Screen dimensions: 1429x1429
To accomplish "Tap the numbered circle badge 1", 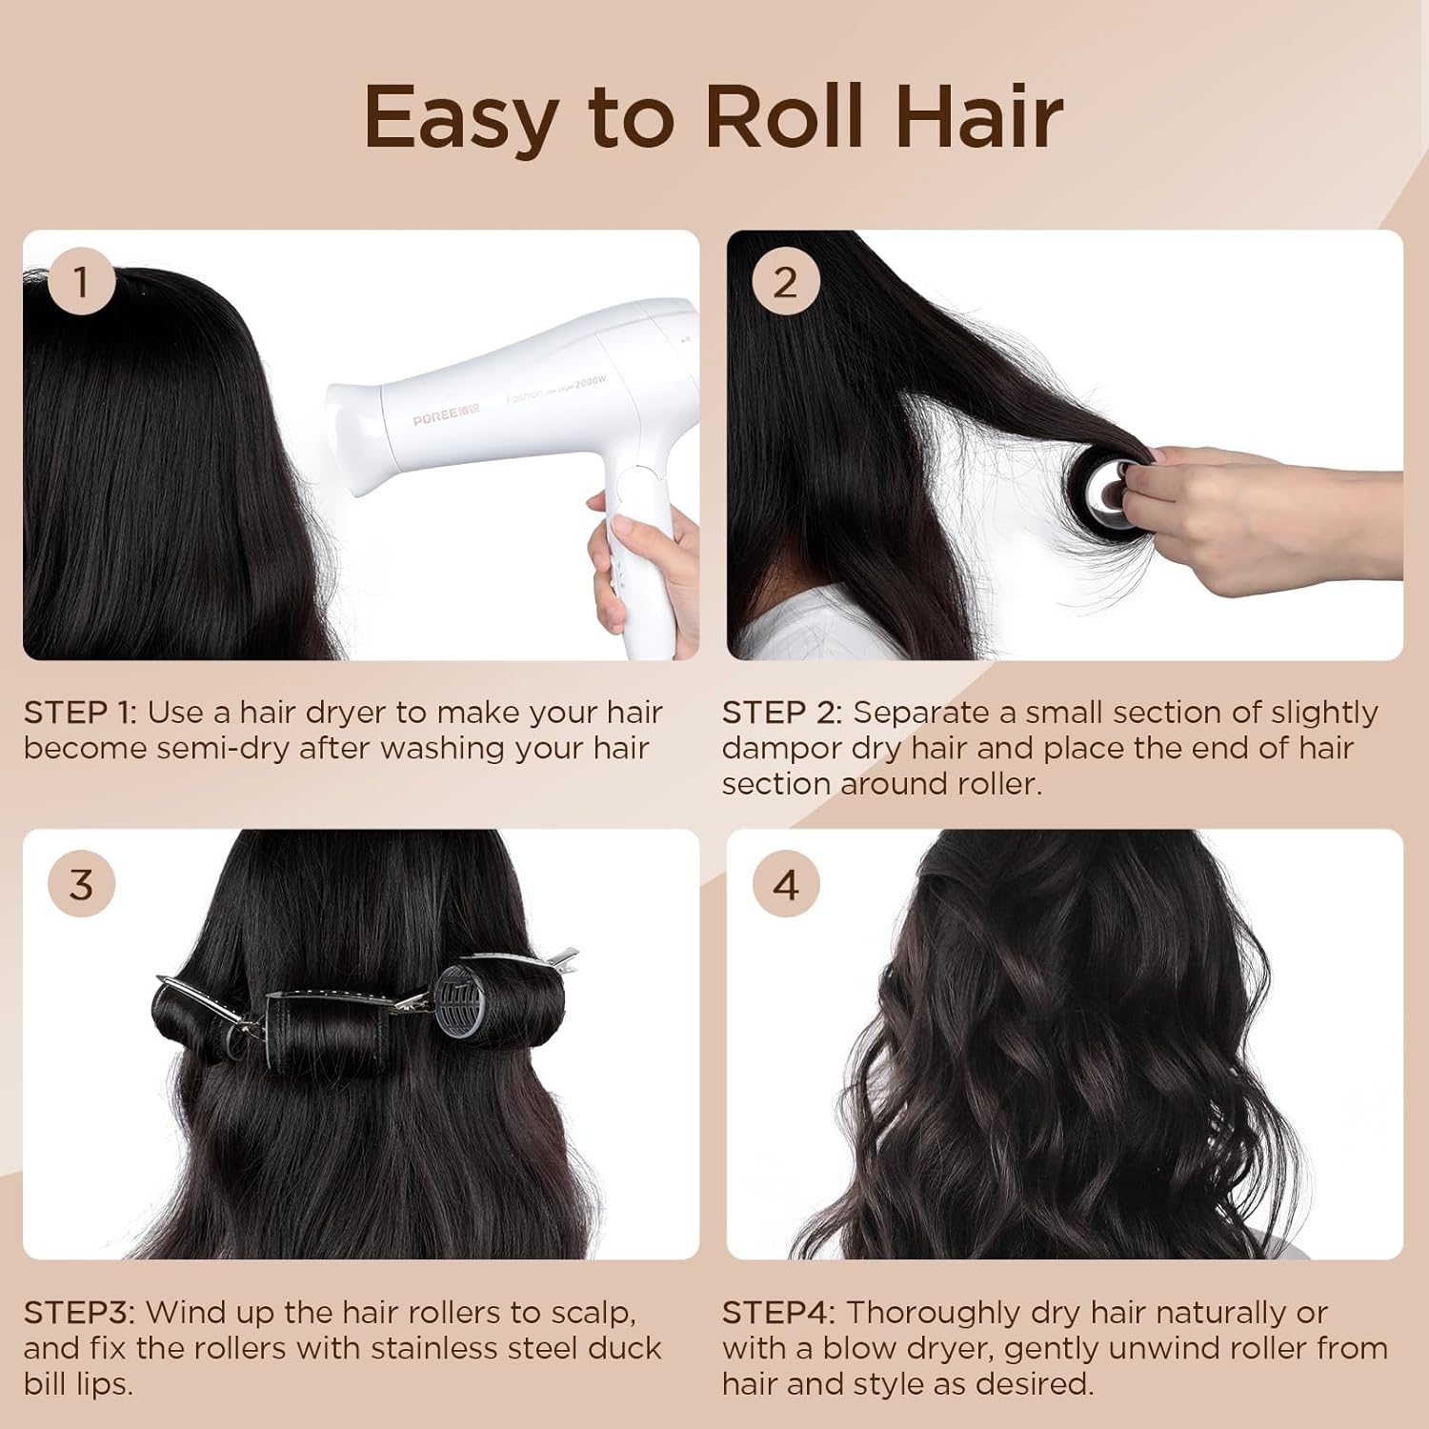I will tap(81, 282).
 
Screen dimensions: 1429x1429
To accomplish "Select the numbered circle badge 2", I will tap(785, 282).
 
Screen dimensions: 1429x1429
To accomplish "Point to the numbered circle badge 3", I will tap(81, 884).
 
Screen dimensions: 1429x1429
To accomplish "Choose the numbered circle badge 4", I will tap(785, 884).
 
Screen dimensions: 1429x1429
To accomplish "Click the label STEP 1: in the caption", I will tap(80, 713).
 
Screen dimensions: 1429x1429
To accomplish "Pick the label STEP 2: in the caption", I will tap(782, 713).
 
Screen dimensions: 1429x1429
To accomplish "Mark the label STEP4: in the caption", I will tap(778, 1313).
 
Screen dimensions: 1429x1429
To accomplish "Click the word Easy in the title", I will tap(459, 118).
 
